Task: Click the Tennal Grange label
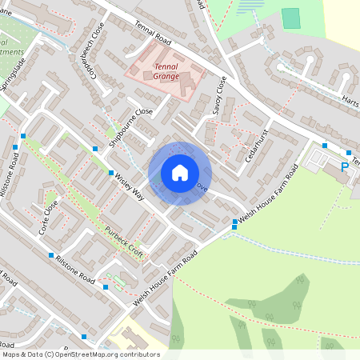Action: click(166, 72)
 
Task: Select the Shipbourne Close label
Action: click(131, 123)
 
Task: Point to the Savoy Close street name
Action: click(218, 95)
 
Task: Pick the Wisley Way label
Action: click(129, 186)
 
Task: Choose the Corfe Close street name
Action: click(50, 215)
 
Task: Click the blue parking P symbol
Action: click(345, 167)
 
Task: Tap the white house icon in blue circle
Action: click(180, 173)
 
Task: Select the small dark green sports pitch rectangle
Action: click(291, 18)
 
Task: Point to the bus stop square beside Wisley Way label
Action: click(110, 173)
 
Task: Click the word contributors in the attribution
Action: click(138, 354)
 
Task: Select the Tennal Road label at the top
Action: click(154, 31)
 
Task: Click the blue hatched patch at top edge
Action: click(253, 6)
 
